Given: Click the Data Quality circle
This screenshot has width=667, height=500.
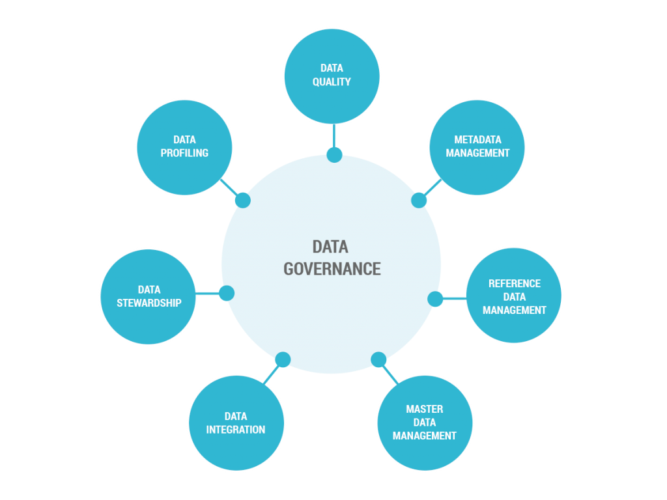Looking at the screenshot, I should pos(332,76).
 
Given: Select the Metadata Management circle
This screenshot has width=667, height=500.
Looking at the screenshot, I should pos(477,147).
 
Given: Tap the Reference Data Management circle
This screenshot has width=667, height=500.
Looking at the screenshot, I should pos(514,296).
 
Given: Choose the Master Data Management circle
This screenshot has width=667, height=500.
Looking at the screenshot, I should pos(425,423).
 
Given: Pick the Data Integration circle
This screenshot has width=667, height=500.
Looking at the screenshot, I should pos(236,423).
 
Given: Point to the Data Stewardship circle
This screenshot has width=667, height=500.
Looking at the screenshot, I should pos(149,296).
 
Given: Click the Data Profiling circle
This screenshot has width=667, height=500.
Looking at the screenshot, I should pos(184,147).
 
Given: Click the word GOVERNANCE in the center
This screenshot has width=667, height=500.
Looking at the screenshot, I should pos(332,268).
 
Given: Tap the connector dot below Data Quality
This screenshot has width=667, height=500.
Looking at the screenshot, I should pos(334,154).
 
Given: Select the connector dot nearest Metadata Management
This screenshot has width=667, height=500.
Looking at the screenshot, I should pos(419,200).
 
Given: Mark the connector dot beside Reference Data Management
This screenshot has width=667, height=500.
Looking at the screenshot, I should pos(435,299).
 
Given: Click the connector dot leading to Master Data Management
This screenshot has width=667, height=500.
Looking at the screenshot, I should pos(378,359).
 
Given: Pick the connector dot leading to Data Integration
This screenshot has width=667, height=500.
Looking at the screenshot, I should pos(283,359).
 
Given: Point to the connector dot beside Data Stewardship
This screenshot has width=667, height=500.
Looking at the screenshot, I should pos(226,293).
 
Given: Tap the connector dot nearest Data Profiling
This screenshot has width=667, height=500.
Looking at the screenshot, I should pos(242,200).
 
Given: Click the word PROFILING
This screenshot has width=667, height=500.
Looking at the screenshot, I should pos(184,153).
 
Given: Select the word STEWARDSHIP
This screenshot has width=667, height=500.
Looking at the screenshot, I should pos(149,303).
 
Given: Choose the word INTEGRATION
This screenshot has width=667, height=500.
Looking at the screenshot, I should pos(236,430).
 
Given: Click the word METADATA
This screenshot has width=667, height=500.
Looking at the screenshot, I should pos(478,139).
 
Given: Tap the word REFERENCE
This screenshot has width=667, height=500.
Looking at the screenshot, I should pos(515,283).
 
